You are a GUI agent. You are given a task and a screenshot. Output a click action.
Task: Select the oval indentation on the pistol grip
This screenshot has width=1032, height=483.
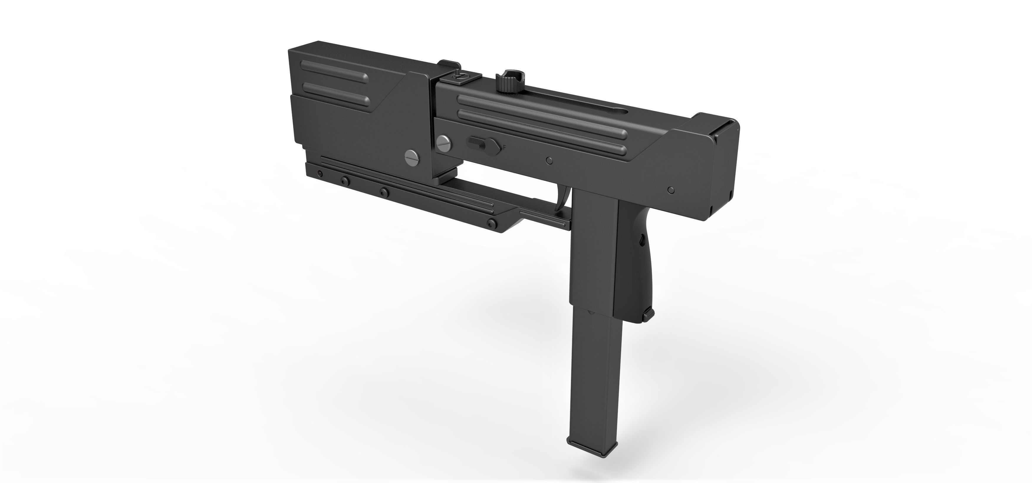(641, 240)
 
